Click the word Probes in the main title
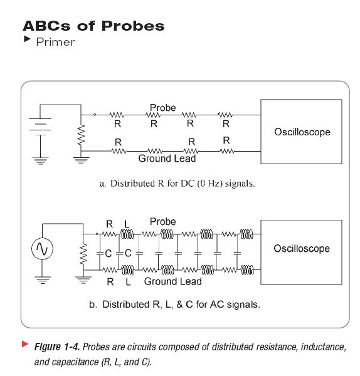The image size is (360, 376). (x=133, y=26)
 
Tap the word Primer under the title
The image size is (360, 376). (x=55, y=42)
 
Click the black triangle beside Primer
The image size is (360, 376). (x=27, y=39)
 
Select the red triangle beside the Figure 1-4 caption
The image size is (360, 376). (x=25, y=344)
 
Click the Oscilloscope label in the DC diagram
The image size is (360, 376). (x=302, y=132)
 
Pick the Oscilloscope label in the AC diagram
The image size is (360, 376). (x=302, y=248)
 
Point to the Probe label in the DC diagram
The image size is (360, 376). (x=162, y=108)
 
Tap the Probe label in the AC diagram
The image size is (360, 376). (x=162, y=222)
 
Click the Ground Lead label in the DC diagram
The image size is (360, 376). (x=167, y=159)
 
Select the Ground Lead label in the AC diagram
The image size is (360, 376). (x=173, y=281)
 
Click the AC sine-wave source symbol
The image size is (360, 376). (x=42, y=249)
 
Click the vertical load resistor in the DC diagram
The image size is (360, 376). (x=81, y=135)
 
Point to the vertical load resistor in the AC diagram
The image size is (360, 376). (x=83, y=254)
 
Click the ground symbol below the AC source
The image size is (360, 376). (x=43, y=280)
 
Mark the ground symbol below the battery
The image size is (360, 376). (x=40, y=161)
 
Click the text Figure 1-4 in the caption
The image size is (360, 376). (x=57, y=347)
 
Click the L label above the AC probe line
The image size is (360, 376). (x=127, y=224)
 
